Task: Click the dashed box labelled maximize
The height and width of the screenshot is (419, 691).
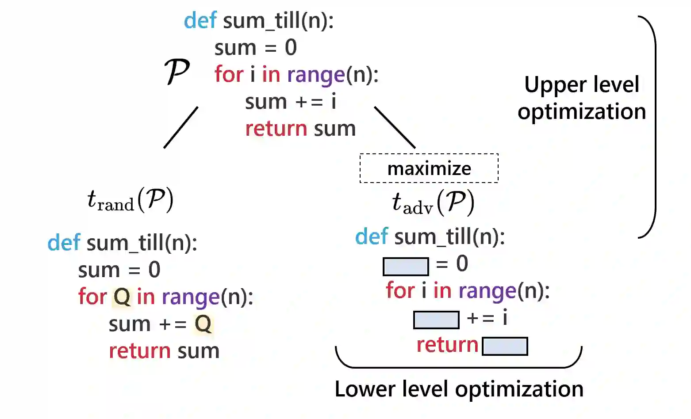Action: click(429, 168)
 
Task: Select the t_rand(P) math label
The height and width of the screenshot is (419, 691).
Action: click(130, 200)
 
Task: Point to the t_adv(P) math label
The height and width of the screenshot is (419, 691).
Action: click(433, 203)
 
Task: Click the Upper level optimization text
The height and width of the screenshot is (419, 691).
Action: click(581, 98)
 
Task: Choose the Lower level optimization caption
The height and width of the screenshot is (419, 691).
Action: click(459, 389)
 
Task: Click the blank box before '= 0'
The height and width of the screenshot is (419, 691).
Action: click(405, 267)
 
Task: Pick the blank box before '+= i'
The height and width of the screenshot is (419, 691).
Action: click(436, 320)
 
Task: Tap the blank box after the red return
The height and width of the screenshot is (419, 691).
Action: click(505, 346)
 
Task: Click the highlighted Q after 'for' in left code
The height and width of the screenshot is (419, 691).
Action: click(122, 297)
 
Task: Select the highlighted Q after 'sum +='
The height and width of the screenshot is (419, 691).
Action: click(203, 324)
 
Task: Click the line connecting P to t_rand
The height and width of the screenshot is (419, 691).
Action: click(180, 127)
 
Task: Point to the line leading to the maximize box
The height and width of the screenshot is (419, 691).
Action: click(395, 127)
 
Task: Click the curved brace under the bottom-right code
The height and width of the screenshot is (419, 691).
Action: click(459, 365)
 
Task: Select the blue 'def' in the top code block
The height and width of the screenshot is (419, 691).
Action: click(200, 21)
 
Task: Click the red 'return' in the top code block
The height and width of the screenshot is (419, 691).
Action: click(276, 129)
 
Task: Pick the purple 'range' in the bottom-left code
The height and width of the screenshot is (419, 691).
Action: click(191, 297)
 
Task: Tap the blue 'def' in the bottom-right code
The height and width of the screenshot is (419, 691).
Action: click(372, 237)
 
